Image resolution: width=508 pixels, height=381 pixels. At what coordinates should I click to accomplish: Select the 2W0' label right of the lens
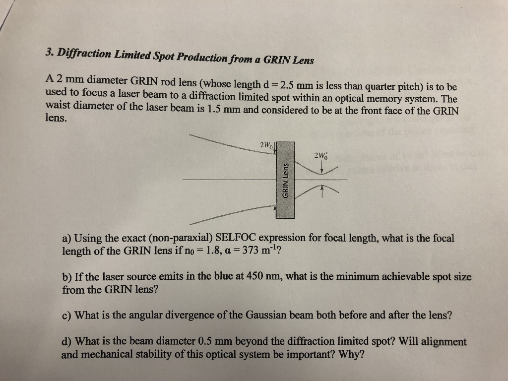tap(321, 156)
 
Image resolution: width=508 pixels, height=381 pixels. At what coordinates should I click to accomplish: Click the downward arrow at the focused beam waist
tap(322, 168)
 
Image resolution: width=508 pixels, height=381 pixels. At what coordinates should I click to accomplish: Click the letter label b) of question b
tap(67, 277)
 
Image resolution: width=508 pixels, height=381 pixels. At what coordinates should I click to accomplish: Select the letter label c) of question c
tap(66, 316)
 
